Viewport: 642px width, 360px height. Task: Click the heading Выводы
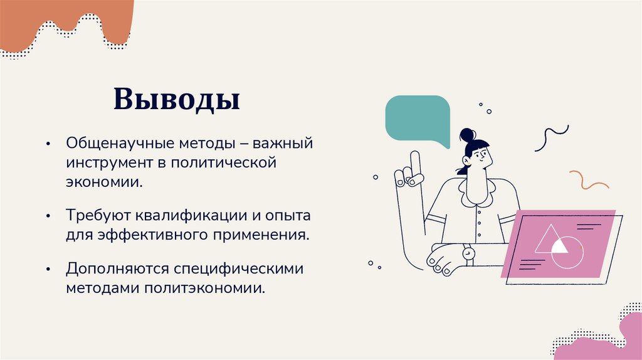(x=177, y=100)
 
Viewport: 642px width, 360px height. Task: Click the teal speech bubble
(x=418, y=119)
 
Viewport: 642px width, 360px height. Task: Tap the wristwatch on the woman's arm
(x=468, y=254)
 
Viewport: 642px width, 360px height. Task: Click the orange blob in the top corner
(x=66, y=22)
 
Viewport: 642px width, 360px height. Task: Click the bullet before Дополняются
(x=48, y=269)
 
